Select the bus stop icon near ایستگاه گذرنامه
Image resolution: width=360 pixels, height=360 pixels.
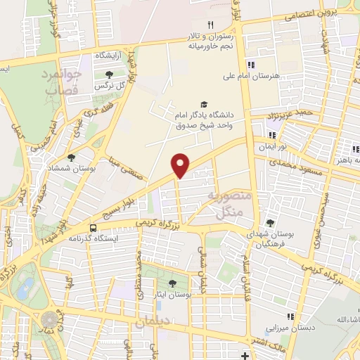pyautogui.click(x=93, y=228)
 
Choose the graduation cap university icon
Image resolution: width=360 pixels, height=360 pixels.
pyautogui.click(x=204, y=103)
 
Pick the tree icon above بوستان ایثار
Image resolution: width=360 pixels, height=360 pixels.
pyautogui.click(x=172, y=283)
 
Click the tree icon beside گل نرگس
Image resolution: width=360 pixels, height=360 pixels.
pyautogui.click(x=108, y=74)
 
